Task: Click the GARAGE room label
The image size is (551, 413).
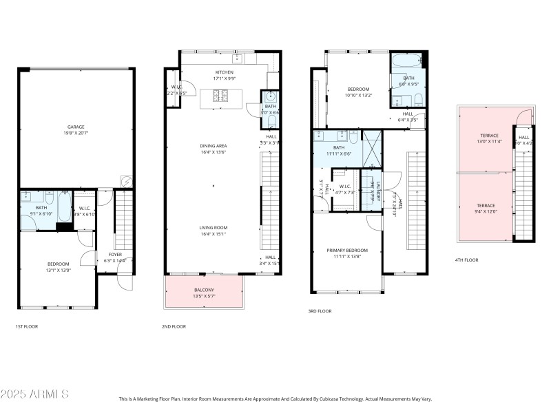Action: pyautogui.click(x=76, y=127)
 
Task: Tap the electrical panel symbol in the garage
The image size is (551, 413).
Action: pyautogui.click(x=126, y=181)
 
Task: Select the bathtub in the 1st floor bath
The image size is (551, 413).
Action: pyautogui.click(x=63, y=204)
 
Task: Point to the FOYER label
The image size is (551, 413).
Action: pyautogui.click(x=115, y=254)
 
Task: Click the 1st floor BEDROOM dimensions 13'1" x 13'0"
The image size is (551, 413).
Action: pyautogui.click(x=59, y=270)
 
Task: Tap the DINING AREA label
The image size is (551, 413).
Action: pyautogui.click(x=214, y=146)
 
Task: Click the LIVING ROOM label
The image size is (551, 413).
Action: pyautogui.click(x=214, y=228)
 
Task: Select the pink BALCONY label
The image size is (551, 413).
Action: pyautogui.click(x=204, y=290)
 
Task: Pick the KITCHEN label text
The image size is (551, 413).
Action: pyautogui.click(x=225, y=72)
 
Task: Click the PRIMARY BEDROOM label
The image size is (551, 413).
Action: pyautogui.click(x=347, y=250)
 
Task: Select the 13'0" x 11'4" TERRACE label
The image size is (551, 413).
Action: pyautogui.click(x=489, y=136)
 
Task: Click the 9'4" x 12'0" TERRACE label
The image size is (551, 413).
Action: pyautogui.click(x=489, y=206)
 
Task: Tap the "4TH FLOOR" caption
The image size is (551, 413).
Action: pyautogui.click(x=467, y=260)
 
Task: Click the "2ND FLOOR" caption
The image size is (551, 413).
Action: pyautogui.click(x=174, y=326)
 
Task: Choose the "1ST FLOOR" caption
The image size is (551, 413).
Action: pyautogui.click(x=26, y=326)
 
